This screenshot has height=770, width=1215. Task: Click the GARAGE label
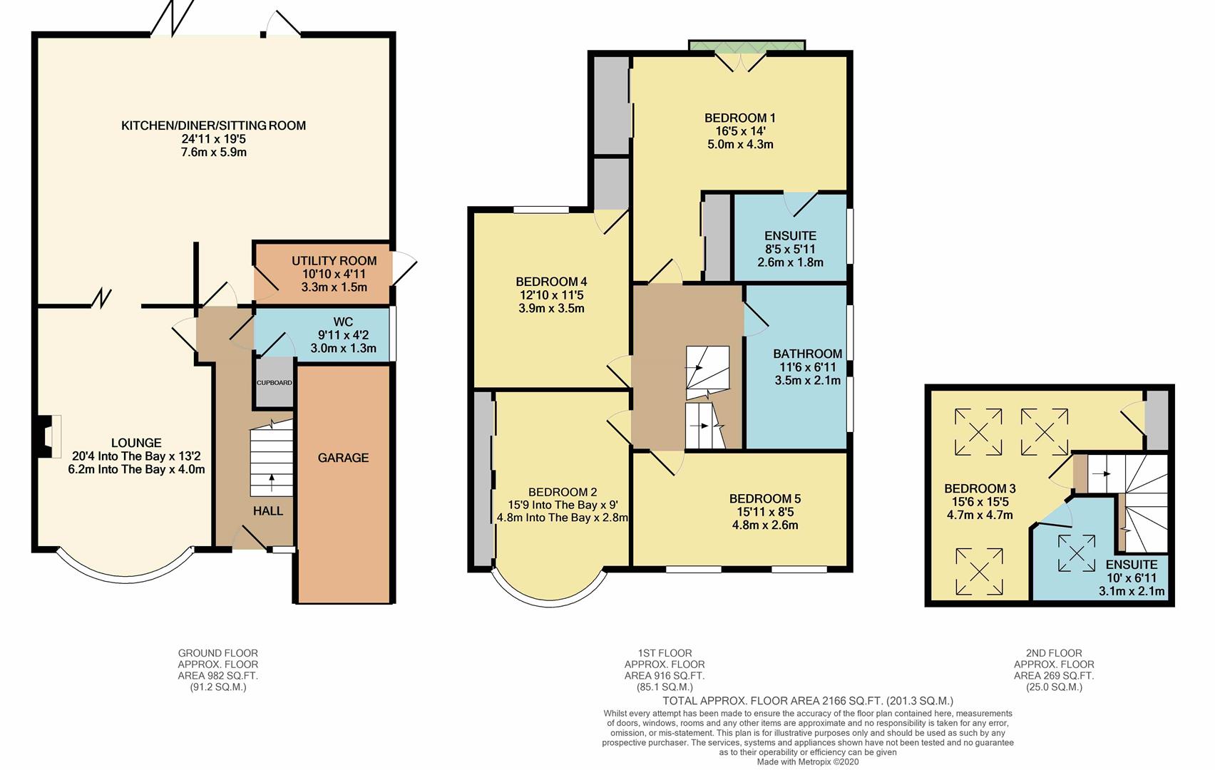(x=343, y=458)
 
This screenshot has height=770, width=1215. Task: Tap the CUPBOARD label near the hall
(x=274, y=383)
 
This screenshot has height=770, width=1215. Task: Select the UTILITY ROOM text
(x=334, y=261)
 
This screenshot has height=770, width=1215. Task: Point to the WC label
(x=343, y=322)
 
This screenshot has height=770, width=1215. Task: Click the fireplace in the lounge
(x=48, y=436)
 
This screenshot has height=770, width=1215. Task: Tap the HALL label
(x=268, y=510)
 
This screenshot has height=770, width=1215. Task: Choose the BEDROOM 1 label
(x=740, y=118)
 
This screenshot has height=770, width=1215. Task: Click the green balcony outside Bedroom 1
(x=747, y=46)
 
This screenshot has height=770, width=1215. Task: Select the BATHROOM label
(x=808, y=354)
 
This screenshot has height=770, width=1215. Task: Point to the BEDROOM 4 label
(x=551, y=282)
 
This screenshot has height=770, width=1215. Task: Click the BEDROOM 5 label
(x=765, y=498)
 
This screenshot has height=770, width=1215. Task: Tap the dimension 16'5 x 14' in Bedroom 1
(x=740, y=130)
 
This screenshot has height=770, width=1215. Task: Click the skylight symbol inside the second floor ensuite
(x=1077, y=553)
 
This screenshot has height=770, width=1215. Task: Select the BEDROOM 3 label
(x=980, y=488)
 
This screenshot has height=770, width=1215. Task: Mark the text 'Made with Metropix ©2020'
(x=808, y=762)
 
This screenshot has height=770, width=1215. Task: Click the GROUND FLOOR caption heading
(x=218, y=653)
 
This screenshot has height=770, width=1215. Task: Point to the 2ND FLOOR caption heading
(x=1054, y=653)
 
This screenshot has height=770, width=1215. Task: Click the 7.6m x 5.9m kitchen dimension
(x=214, y=153)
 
